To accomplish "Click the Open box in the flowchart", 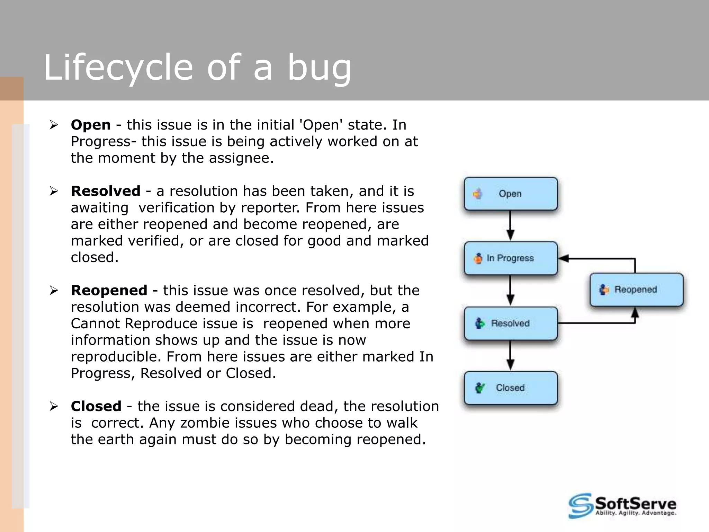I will (x=511, y=194).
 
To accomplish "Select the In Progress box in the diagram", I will (x=511, y=258).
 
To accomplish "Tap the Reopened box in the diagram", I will (x=636, y=290).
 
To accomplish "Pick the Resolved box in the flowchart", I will (x=511, y=323).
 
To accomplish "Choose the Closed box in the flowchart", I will (x=511, y=388).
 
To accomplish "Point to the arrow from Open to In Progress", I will (x=510, y=225).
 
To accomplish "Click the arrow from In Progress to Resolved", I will (x=510, y=290).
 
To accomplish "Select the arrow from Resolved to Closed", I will (x=510, y=355).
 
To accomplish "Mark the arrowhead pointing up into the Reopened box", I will (x=635, y=313).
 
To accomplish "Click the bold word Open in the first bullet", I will (x=91, y=125).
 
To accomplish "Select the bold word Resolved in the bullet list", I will (x=106, y=191).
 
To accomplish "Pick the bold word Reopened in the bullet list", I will (x=109, y=290).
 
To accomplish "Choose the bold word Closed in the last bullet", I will (x=96, y=406).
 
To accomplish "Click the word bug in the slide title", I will (x=319, y=68).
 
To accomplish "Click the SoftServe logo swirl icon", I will (x=580, y=506).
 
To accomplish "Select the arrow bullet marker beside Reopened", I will (x=54, y=290).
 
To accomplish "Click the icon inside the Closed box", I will (x=480, y=388).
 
